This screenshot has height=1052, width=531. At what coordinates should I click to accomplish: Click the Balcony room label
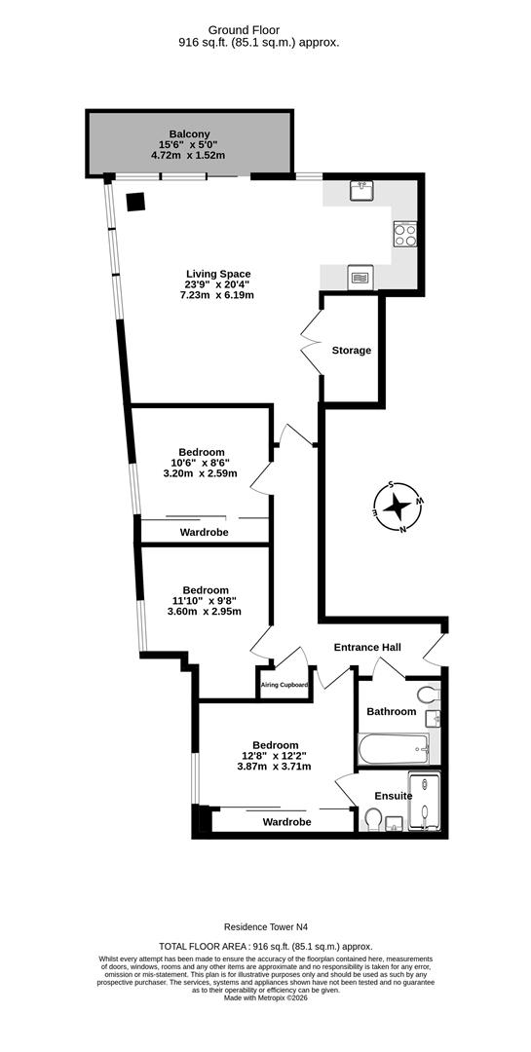(189, 134)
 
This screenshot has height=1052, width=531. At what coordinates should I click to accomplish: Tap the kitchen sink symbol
(361, 190)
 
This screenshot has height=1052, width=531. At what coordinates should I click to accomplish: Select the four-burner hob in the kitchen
(404, 234)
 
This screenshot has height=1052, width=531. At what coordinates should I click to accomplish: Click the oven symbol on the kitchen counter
(359, 278)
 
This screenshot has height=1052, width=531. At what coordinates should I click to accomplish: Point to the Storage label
(351, 351)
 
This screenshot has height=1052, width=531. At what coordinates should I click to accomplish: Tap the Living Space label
(218, 274)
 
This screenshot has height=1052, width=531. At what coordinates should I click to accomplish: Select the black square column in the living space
(135, 202)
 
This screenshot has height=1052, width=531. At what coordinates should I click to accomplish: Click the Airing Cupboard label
(284, 685)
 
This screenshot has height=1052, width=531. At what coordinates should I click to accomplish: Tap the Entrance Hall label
(367, 648)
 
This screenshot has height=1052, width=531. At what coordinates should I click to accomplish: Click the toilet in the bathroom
(426, 695)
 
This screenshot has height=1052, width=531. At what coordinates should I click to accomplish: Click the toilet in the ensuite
(370, 824)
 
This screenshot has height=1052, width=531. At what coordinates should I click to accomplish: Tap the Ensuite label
(394, 796)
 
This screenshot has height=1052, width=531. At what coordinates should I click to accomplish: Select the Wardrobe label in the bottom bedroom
(286, 822)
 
